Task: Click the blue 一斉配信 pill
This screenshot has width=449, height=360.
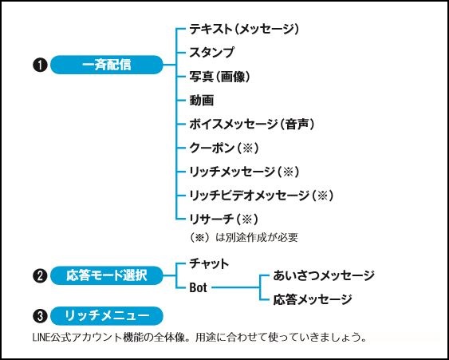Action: [x=107, y=65]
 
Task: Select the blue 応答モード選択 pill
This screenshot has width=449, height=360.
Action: [x=107, y=275]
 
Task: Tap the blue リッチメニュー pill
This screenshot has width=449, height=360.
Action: [x=107, y=316]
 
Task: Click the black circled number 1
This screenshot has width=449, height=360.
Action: [x=40, y=65]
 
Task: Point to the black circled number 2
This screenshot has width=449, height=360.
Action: [x=40, y=276]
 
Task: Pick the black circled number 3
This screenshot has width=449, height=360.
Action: [x=40, y=316]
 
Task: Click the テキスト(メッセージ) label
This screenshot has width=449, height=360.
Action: [x=244, y=29]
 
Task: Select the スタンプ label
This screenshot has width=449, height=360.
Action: [x=211, y=53]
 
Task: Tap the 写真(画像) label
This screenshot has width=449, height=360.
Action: [x=219, y=77]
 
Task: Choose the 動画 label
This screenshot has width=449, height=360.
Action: [x=202, y=101]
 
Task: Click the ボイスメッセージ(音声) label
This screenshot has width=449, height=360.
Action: [x=252, y=124]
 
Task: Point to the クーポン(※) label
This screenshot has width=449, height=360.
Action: [x=224, y=148]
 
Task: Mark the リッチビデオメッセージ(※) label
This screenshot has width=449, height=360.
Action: [x=261, y=196]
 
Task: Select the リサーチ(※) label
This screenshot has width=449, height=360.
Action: [x=223, y=220]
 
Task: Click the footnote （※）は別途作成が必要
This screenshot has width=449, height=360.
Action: [x=244, y=237]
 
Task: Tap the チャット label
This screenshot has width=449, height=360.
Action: [x=209, y=263]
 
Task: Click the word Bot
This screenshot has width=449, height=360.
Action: [x=198, y=287]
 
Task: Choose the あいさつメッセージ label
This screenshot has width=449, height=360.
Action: [x=324, y=275]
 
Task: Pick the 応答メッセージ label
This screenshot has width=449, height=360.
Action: [x=313, y=299]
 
